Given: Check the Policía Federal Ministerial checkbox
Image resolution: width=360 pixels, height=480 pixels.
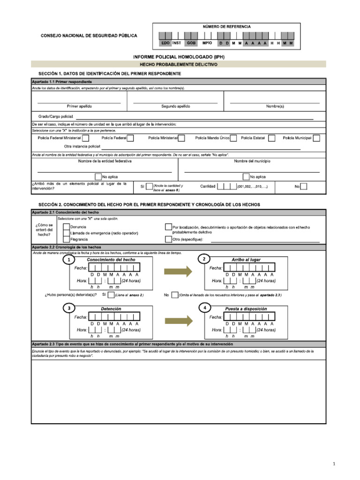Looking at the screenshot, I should point(86,138).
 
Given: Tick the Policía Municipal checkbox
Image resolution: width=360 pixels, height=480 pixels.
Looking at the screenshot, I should point(317,138).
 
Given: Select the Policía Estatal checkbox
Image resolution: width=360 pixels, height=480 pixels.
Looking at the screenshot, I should point(270,138).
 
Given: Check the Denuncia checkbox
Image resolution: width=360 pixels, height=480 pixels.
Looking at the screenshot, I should point(66,227).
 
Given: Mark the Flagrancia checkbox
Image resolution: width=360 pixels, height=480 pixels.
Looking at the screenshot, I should point(66,239).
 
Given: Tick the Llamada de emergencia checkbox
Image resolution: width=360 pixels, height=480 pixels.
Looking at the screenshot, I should point(66,233).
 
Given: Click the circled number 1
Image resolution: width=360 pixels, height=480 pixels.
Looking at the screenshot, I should point(69,260).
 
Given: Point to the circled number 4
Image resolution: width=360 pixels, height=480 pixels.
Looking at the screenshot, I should point(204,307).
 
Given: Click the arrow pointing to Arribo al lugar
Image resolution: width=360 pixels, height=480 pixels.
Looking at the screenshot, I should point(179,271).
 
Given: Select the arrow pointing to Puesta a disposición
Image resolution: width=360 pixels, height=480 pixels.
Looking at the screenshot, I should point(179,320).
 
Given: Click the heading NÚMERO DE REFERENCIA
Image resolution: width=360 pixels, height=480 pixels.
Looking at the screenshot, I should point(226,27).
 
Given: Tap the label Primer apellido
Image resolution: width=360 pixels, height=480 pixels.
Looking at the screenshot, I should point(79,106).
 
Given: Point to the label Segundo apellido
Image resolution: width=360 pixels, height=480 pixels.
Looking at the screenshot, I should point(176,106).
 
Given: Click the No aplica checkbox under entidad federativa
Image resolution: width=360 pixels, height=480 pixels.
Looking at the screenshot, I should point(98,177).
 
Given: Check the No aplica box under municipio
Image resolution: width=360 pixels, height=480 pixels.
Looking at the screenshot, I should point(246,177).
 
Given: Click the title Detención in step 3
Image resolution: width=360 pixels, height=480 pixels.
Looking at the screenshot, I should point(111,309).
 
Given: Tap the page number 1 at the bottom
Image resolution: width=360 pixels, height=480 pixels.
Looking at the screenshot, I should point(334,464).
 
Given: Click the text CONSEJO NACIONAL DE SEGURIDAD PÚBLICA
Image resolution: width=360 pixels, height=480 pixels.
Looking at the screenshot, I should point(89,36).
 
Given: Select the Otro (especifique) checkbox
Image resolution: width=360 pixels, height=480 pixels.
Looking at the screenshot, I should point(168,239).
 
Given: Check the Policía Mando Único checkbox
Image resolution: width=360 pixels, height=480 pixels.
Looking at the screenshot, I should point(233,138).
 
